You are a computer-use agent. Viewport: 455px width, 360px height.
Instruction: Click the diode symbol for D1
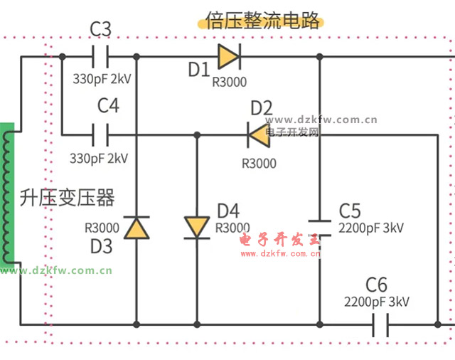(229, 55)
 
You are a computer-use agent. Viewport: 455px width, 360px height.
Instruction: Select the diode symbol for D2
(258, 133)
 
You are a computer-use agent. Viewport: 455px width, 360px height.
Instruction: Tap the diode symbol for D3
(135, 228)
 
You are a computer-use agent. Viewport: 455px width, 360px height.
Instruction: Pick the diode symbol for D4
(196, 228)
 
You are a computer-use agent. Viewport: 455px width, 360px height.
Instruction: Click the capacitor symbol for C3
(101, 55)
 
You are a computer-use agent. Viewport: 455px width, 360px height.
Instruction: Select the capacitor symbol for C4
(101, 133)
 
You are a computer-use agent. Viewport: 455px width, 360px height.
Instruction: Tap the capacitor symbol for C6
(379, 325)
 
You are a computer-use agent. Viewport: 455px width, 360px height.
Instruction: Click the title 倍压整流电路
(263, 19)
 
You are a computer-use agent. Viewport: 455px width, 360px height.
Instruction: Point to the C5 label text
(350, 211)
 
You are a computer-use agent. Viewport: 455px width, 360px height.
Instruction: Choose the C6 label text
(376, 285)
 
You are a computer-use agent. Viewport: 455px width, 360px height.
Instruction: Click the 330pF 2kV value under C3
(101, 78)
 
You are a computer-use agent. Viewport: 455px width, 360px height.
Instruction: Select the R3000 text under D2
(259, 163)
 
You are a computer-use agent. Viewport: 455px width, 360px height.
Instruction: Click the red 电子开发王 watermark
(281, 240)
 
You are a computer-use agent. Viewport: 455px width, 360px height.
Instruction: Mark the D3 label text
(101, 245)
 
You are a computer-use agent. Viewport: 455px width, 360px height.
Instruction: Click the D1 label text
(198, 70)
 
